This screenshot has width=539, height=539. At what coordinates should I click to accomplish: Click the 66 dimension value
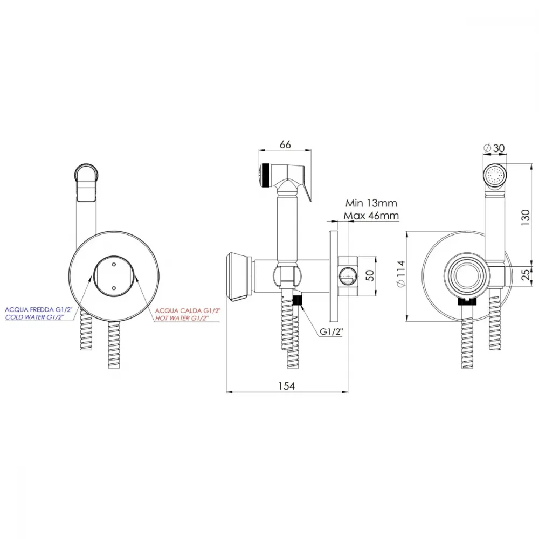pyautogui.click(x=285, y=144)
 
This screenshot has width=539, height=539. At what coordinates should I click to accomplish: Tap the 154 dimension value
pyautogui.click(x=286, y=386)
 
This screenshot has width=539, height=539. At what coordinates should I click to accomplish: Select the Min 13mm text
pyautogui.click(x=371, y=203)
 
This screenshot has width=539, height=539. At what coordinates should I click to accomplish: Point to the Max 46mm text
pyautogui.click(x=371, y=216)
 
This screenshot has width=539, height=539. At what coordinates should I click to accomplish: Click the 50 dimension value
pyautogui.click(x=370, y=275)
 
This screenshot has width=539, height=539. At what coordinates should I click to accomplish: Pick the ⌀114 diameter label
pyautogui.click(x=401, y=274)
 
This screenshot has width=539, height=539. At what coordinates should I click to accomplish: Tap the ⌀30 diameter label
pyautogui.click(x=494, y=148)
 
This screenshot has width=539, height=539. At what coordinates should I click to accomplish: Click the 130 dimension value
pyautogui.click(x=526, y=217)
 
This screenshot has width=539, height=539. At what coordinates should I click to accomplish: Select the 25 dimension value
pyautogui.click(x=526, y=274)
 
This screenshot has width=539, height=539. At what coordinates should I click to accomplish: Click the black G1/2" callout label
pyautogui.click(x=331, y=331)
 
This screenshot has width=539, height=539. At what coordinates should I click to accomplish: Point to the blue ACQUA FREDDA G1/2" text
pyautogui.click(x=38, y=310)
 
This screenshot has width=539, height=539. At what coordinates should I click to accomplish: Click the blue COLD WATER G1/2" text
pyautogui.click(x=34, y=317)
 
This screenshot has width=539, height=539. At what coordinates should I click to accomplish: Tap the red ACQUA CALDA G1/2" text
pyautogui.click(x=188, y=311)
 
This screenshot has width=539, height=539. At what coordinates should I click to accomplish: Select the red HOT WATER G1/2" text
pyautogui.click(x=182, y=319)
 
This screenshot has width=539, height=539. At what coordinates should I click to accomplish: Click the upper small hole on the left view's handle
pyautogui.click(x=114, y=265)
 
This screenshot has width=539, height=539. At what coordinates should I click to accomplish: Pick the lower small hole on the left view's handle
pyautogui.click(x=114, y=288)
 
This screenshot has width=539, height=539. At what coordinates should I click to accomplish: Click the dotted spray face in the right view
pyautogui.click(x=495, y=176)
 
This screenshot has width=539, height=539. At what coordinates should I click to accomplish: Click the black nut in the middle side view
pyautogui.click(x=296, y=301)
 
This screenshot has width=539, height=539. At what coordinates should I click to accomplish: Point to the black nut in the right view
pyautogui.click(x=467, y=302)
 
